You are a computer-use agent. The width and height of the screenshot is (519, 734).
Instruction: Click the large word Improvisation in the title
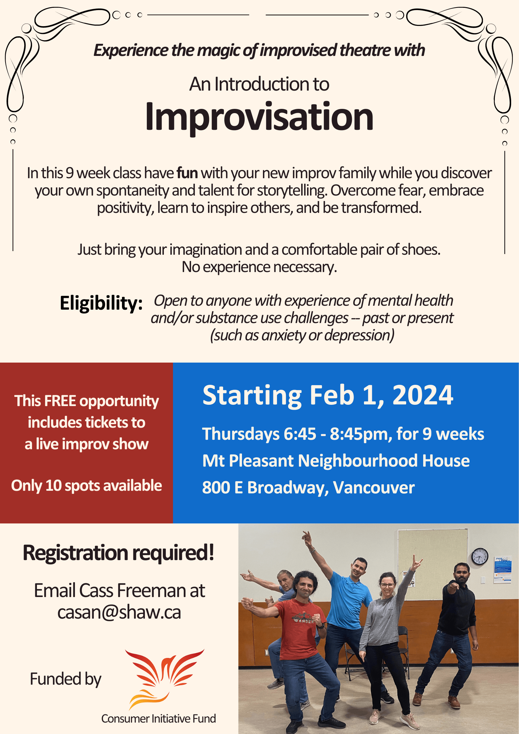(259, 117)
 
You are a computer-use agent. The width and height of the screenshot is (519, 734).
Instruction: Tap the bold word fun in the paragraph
(187, 173)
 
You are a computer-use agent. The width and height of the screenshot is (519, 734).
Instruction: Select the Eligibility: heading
(101, 303)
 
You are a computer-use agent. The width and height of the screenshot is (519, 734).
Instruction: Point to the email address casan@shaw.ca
(119, 612)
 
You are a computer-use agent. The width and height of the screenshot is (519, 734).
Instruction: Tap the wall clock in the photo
(480, 556)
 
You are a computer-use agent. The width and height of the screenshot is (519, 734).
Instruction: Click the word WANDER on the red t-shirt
(303, 621)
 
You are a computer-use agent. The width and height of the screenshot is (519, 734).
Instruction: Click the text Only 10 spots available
(86, 486)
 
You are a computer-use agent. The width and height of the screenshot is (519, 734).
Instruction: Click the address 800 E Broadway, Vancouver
(308, 487)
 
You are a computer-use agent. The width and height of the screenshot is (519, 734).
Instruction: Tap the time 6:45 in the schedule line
(300, 434)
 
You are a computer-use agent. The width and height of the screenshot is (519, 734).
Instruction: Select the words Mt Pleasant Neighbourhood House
(336, 461)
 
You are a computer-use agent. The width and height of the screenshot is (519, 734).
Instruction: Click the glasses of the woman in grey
(387, 585)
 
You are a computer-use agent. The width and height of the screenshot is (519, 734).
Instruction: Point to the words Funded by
(65, 679)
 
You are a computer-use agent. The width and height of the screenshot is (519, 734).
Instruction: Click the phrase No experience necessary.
(259, 267)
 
